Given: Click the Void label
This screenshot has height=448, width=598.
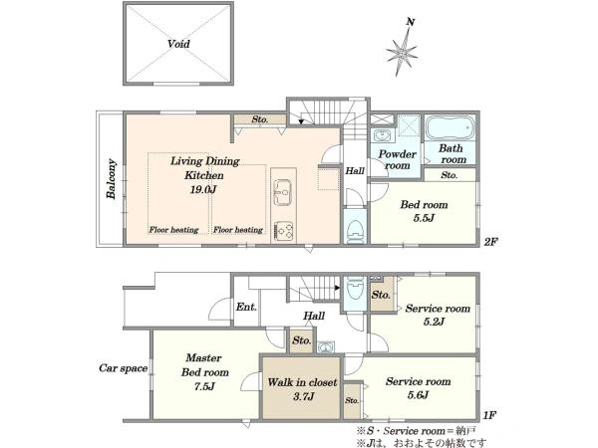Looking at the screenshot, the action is point(178,44).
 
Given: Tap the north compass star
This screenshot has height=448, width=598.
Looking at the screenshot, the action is point(402,51).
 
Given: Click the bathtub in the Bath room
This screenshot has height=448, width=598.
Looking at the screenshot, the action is point(450,127).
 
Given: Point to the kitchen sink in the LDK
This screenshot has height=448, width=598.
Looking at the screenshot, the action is point(283,192).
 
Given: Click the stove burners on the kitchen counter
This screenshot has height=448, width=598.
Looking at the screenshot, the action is point(283,231).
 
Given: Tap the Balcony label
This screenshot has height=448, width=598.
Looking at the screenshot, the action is point(112,178).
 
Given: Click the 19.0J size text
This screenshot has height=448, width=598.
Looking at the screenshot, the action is point(203,189).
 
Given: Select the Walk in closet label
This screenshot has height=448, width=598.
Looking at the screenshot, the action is point(302,382).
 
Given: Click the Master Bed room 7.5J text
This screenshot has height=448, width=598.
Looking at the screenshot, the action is point(204,372).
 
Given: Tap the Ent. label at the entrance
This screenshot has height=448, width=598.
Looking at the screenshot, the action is point(246,307).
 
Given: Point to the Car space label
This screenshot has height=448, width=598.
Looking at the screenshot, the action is point(124,368).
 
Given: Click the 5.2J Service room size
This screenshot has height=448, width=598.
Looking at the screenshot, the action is point(434,322).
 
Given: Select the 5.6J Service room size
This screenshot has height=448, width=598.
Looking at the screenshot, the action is point(418,395).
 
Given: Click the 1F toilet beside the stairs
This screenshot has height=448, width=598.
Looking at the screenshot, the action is point(355,291).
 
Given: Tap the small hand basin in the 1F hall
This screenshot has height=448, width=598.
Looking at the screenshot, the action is point(325,347).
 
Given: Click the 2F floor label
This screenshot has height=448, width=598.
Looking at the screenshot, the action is point(490,242).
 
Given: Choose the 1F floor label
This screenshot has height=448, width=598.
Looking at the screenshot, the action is point(489,415).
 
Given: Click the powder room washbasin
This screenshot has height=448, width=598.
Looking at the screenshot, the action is point(380,135).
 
